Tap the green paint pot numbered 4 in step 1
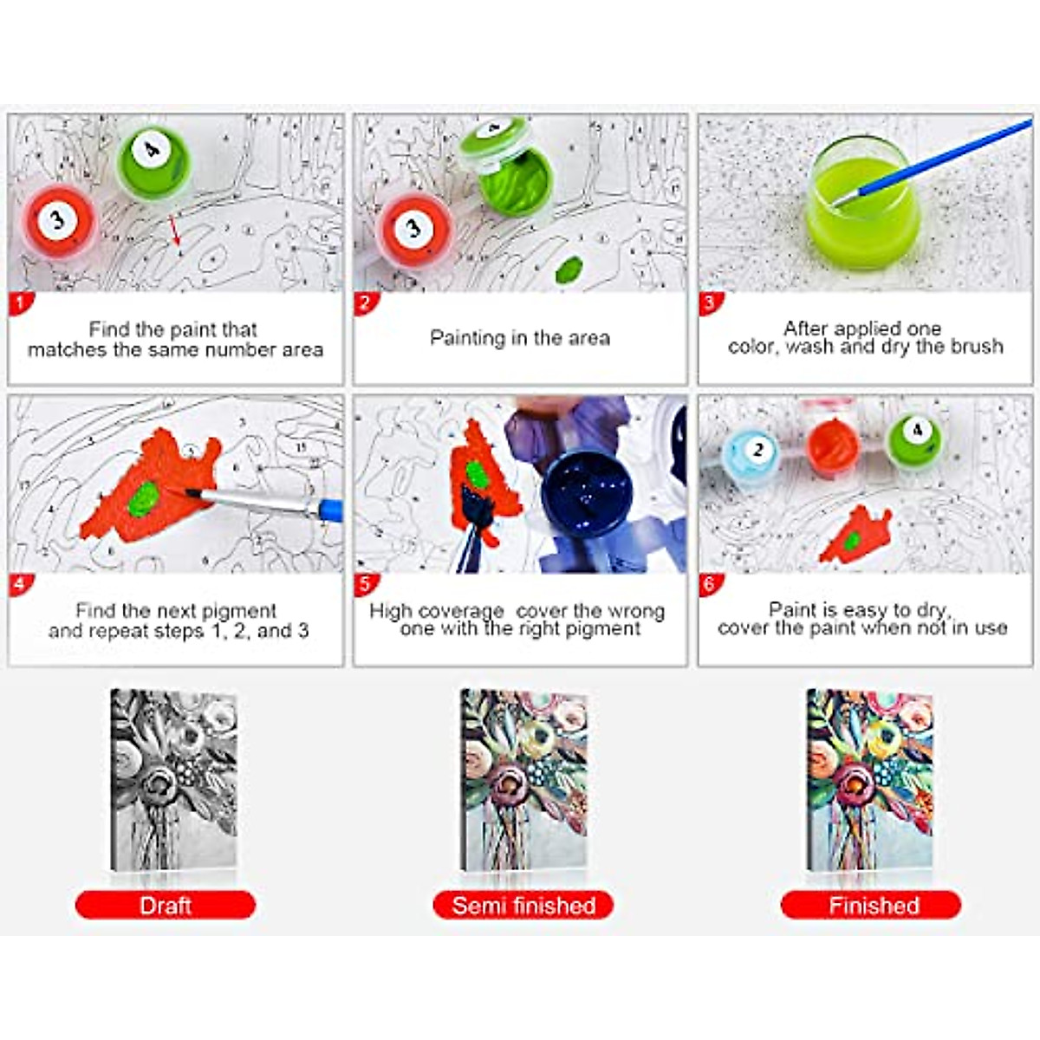point(153,159)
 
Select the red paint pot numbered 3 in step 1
point(58,222)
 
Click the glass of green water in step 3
point(861,208)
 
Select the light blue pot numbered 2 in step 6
point(752,452)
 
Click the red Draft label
point(165,906)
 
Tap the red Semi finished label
point(523,906)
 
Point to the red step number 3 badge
point(710,303)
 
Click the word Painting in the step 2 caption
point(468,338)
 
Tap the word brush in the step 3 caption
point(978,347)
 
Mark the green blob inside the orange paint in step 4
point(145,497)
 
